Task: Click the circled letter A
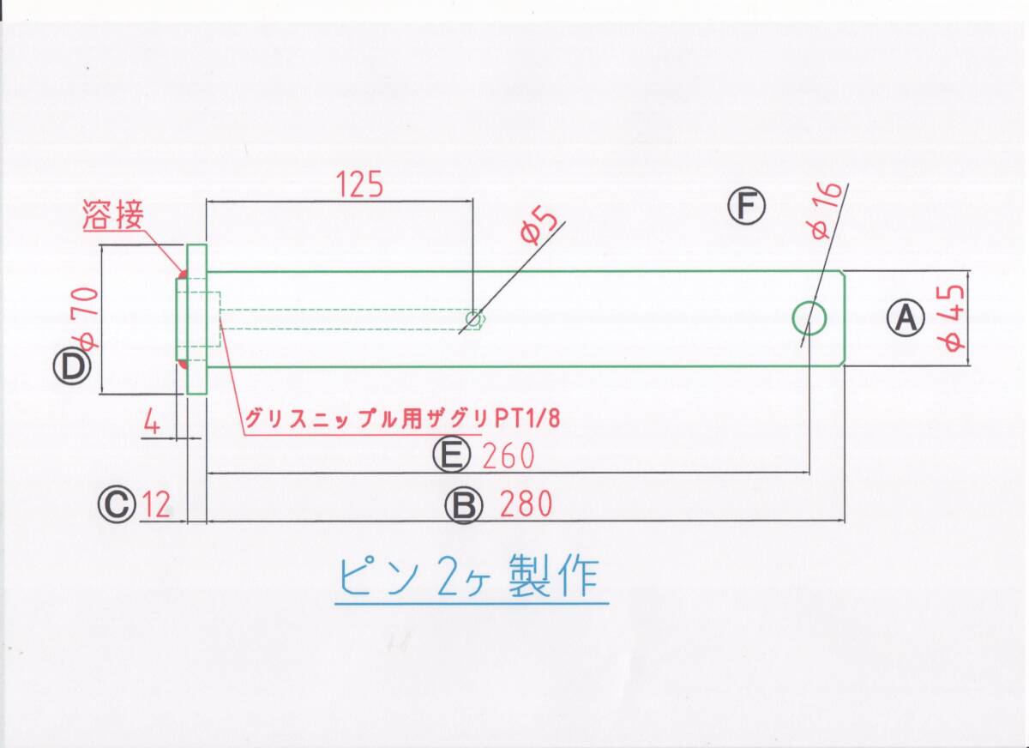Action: pyautogui.click(x=906, y=318)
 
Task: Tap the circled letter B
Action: pyautogui.click(x=463, y=505)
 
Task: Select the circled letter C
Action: pyautogui.click(x=117, y=504)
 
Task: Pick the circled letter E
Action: pyautogui.click(x=451, y=455)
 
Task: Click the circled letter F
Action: pyautogui.click(x=746, y=207)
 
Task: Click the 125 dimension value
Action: pyautogui.click(x=358, y=184)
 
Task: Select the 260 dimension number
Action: pyautogui.click(x=508, y=455)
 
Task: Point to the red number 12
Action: pyautogui.click(x=156, y=504)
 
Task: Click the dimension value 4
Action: pyautogui.click(x=152, y=423)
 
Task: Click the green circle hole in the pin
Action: pyautogui.click(x=809, y=318)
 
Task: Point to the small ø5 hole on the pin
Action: pyautogui.click(x=472, y=319)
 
